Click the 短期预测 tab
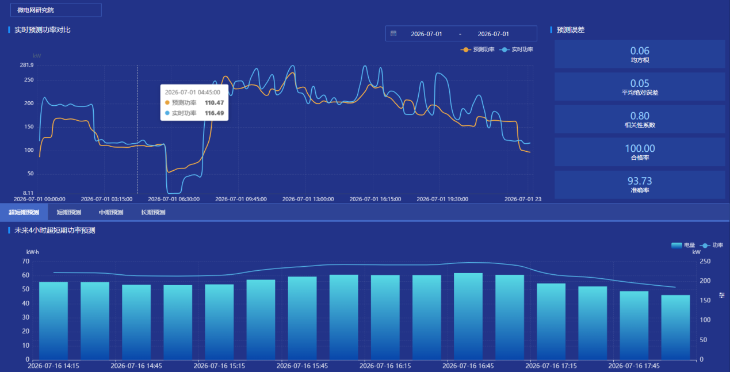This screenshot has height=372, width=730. [x=69, y=212]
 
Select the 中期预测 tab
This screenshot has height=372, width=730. [x=111, y=212]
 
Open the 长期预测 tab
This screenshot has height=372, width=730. [x=153, y=212]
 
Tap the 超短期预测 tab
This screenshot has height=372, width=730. [x=24, y=212]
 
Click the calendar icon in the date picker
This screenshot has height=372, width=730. [x=393, y=33]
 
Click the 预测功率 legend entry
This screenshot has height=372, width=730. [x=477, y=49]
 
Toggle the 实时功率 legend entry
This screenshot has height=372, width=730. [x=516, y=49]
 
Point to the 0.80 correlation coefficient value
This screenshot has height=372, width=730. [x=640, y=116]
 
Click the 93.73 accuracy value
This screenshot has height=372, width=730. [x=640, y=181]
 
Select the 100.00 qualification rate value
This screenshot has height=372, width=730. [x=640, y=148]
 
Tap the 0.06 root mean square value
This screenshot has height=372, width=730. [x=640, y=51]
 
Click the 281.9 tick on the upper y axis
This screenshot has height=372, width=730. [x=26, y=65]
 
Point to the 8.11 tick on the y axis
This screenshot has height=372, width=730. [x=28, y=193]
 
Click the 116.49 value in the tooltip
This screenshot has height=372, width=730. [x=214, y=113]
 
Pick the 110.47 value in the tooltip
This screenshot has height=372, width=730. [x=214, y=102]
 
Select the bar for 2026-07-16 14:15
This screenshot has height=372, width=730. [x=53, y=321]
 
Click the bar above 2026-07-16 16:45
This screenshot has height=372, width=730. [x=468, y=317]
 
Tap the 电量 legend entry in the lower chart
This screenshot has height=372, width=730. [x=683, y=246]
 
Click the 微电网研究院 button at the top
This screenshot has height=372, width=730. [x=56, y=10]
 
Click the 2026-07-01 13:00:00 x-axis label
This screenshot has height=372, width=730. [x=308, y=199]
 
